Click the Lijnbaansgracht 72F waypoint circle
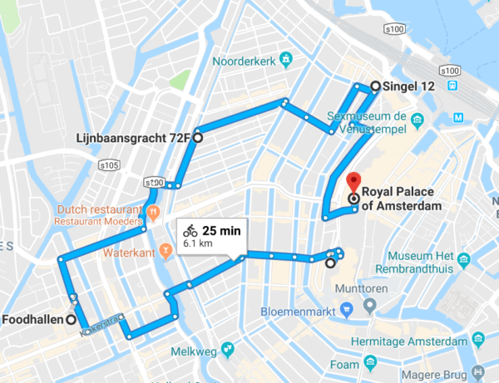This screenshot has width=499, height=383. click(x=197, y=139)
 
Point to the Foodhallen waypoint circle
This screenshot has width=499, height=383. click(x=72, y=320)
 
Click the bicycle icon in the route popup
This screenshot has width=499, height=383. click(x=190, y=230)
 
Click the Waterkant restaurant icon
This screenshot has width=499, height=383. click(x=166, y=248)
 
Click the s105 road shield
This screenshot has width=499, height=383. click(x=109, y=166)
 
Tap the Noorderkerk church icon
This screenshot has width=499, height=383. click(x=287, y=60)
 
